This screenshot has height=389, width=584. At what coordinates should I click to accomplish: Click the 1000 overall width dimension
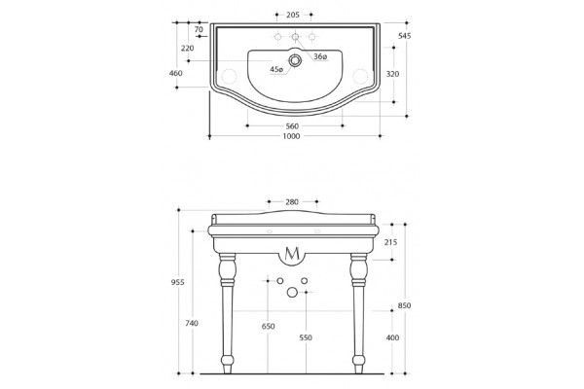(x=291, y=136)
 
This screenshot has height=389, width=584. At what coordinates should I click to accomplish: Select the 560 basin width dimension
(x=292, y=126)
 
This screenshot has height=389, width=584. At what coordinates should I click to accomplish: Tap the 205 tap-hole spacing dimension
(x=293, y=15)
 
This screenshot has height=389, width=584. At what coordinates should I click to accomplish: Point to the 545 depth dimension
(x=405, y=36)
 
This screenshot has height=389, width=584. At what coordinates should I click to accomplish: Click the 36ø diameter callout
(x=320, y=56)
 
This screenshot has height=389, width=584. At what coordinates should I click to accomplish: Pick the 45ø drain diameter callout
(x=276, y=69)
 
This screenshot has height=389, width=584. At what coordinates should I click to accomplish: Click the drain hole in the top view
(x=295, y=60)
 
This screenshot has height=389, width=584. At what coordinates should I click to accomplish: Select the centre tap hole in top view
(x=295, y=37)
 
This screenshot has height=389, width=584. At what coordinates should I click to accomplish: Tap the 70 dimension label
(x=199, y=29)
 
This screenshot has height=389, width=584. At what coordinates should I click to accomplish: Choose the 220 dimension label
(x=187, y=49)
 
